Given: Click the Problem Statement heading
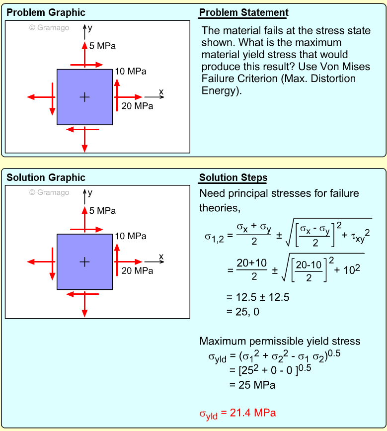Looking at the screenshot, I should (x=243, y=13).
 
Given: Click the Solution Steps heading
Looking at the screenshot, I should (x=233, y=178).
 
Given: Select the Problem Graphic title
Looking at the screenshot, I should (x=46, y=13).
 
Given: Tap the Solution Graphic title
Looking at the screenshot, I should (x=46, y=178).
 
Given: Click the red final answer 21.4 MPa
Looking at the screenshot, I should (x=237, y=414).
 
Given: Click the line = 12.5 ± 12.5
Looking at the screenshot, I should (x=257, y=297).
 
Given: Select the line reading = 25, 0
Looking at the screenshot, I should (x=243, y=312).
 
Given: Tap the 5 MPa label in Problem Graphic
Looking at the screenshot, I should (x=102, y=46).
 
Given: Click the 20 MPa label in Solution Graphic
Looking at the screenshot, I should (x=137, y=271).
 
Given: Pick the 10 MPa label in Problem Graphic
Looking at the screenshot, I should (x=131, y=72).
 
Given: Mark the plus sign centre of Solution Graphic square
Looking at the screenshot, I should (x=84, y=262).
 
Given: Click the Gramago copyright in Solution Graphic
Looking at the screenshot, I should (x=49, y=192).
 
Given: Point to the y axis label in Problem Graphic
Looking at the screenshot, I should (x=90, y=28).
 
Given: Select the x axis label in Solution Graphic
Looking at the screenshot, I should (x=161, y=257).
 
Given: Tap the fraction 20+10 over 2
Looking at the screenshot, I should (x=253, y=271).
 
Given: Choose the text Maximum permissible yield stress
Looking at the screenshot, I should (x=280, y=342).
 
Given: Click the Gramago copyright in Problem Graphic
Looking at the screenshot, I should (x=49, y=28).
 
